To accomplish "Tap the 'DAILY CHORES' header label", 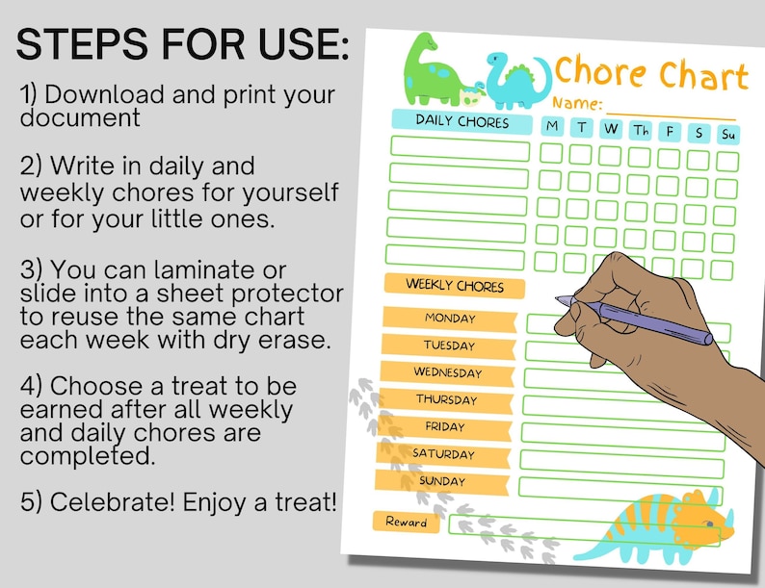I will click(462, 121).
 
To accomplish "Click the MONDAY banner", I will click(449, 318).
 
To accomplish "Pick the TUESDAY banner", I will click(449, 345).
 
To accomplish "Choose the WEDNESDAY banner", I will click(447, 371).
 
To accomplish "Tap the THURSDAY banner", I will click(445, 398).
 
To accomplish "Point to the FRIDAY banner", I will click(444, 425).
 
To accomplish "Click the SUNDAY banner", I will click(441, 480).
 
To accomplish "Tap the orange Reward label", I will click(406, 522).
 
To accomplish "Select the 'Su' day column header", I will click(728, 134).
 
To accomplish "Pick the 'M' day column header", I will click(552, 126).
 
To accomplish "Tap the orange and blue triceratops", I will click(665, 529).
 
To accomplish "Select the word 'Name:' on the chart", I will click(578, 103).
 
